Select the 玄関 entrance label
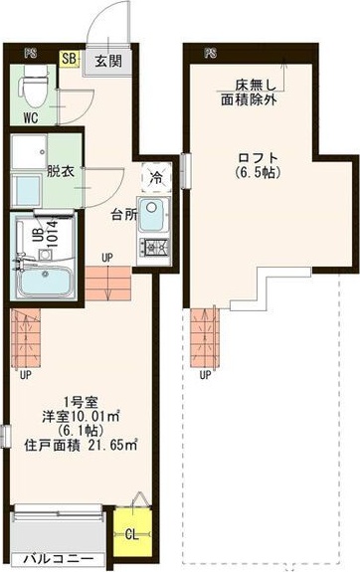[x=106, y=61]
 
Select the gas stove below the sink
[x=154, y=246]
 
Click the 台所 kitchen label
[x=123, y=214]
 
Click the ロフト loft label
[x=257, y=158]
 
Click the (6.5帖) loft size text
[x=257, y=173]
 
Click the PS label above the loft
[x=210, y=51]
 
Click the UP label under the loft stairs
[x=205, y=375]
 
